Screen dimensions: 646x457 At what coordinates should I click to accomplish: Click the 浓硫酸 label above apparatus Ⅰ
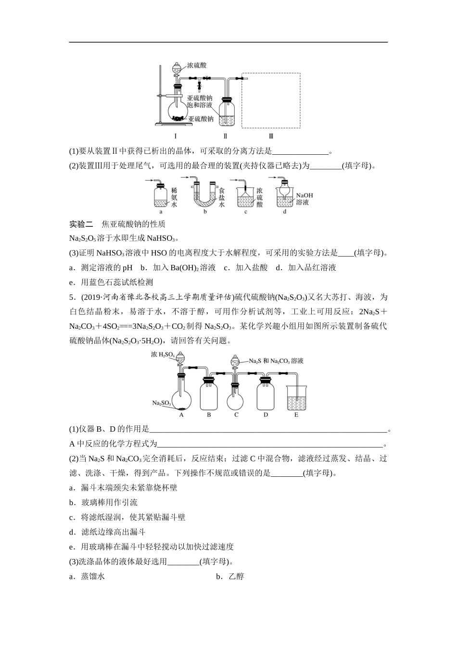197,65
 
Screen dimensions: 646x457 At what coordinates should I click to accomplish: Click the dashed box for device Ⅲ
271,100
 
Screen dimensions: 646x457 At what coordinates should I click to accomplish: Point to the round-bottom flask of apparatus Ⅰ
178,110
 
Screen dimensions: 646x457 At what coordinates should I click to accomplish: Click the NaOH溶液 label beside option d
304,199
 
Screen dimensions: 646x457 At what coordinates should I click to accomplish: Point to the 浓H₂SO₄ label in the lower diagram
162,355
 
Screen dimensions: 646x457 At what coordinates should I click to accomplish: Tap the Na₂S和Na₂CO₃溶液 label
276,360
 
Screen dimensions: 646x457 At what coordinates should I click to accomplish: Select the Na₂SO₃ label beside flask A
161,403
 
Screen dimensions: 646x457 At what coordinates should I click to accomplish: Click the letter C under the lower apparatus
236,414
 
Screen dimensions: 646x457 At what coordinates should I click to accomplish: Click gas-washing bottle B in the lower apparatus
209,394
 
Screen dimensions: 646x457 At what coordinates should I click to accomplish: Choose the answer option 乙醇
236,576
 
